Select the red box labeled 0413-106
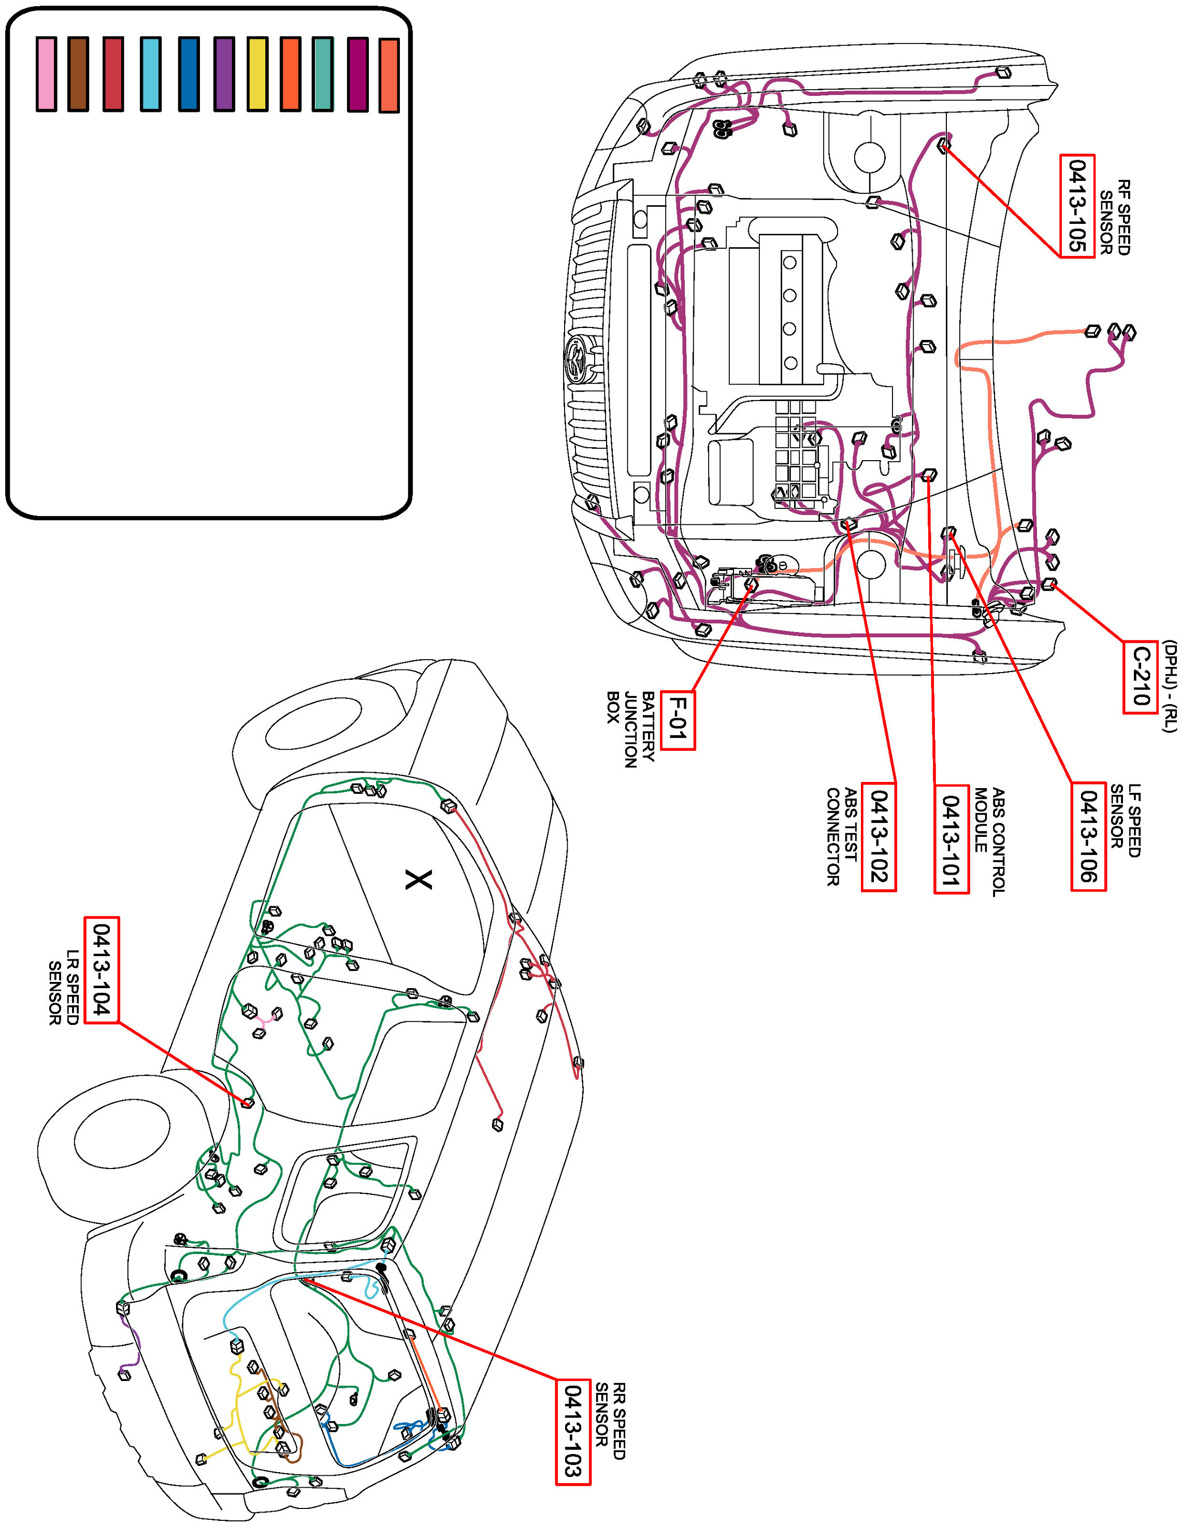(x=1088, y=836)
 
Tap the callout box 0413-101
(x=951, y=838)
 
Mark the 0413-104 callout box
(x=102, y=969)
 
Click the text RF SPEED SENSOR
(x=1115, y=218)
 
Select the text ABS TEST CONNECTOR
(x=842, y=836)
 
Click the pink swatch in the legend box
(x=47, y=74)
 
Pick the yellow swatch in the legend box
(x=257, y=74)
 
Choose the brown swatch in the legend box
(x=78, y=74)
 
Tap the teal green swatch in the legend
(x=323, y=74)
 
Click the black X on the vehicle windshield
(x=419, y=879)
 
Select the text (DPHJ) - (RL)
(x=1169, y=686)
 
